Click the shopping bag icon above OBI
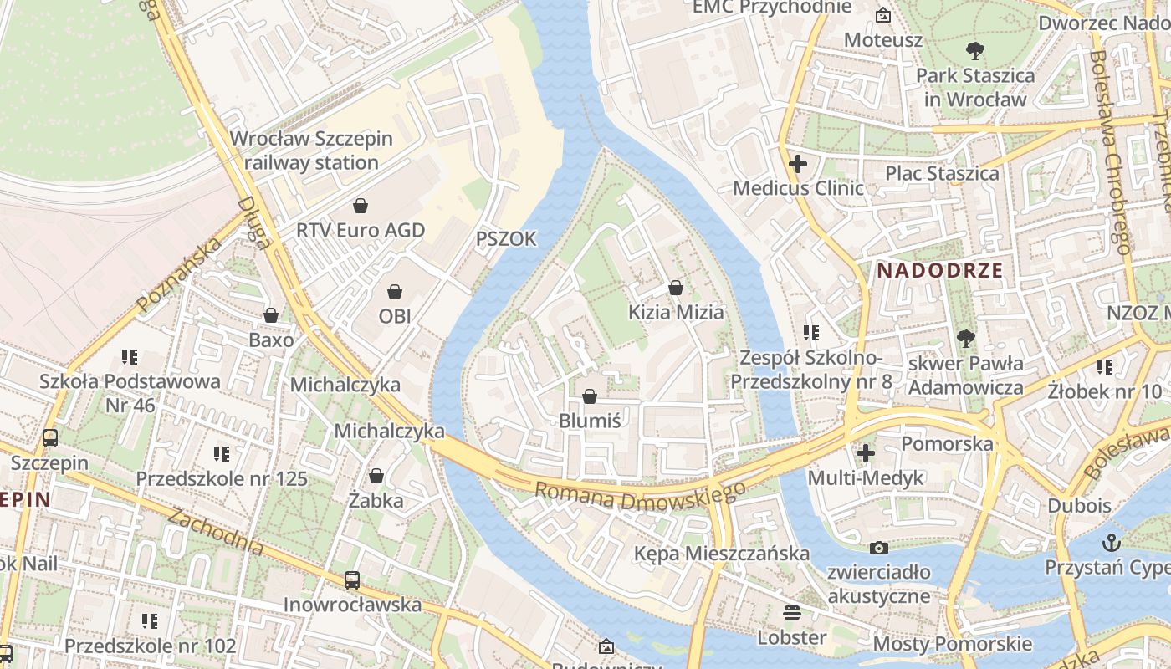394,292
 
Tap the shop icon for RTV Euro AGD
361,205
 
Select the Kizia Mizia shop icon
676,288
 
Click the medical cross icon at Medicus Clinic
798,164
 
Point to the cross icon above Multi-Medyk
866,453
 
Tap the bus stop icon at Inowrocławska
352,580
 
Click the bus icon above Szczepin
50,437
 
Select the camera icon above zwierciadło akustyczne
878,548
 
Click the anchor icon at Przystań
1112,542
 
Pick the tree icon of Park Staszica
974,51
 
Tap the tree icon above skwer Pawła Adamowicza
966,339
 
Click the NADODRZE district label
939,270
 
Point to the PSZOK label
506,239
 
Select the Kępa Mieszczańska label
721,553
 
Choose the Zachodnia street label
216,531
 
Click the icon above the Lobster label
791,612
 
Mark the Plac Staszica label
942,173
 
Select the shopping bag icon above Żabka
376,476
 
